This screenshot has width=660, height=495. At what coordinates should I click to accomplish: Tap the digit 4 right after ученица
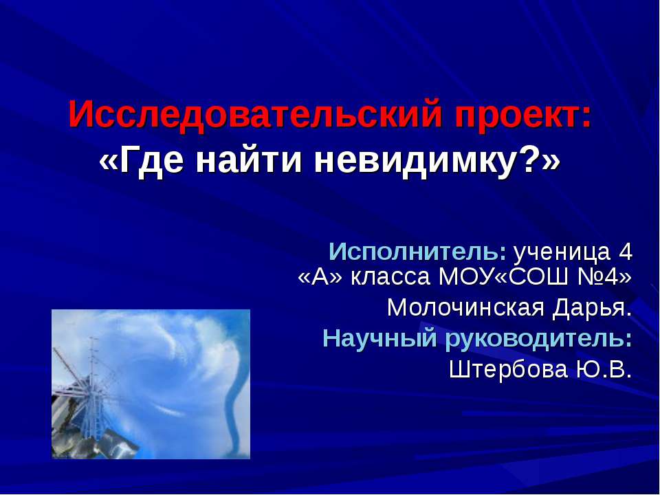pos(624,252)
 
